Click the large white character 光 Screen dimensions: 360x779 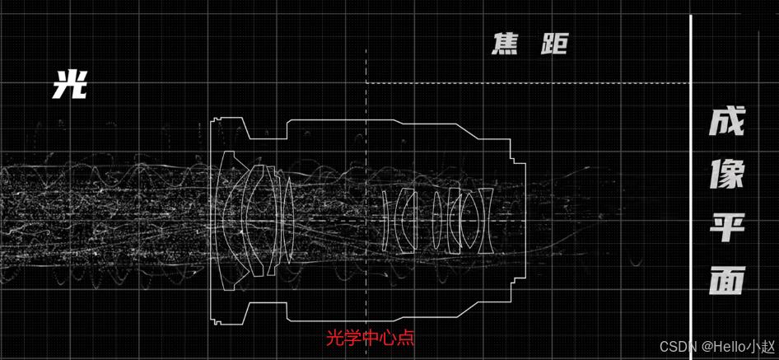[x=70, y=84]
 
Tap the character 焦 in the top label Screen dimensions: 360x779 [x=505, y=44]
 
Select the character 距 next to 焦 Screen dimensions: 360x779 [x=553, y=44]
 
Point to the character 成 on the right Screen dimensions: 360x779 [x=726, y=123]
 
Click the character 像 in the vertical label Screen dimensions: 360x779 [x=726, y=175]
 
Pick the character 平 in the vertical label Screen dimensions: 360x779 [x=726, y=227]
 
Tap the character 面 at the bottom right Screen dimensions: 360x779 [x=726, y=280]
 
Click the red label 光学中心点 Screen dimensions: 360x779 [x=371, y=338]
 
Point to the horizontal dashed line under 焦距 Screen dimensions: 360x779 [x=527, y=83]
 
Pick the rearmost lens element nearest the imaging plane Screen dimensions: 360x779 [x=486, y=221]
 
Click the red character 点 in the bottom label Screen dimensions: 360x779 [x=407, y=338]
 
